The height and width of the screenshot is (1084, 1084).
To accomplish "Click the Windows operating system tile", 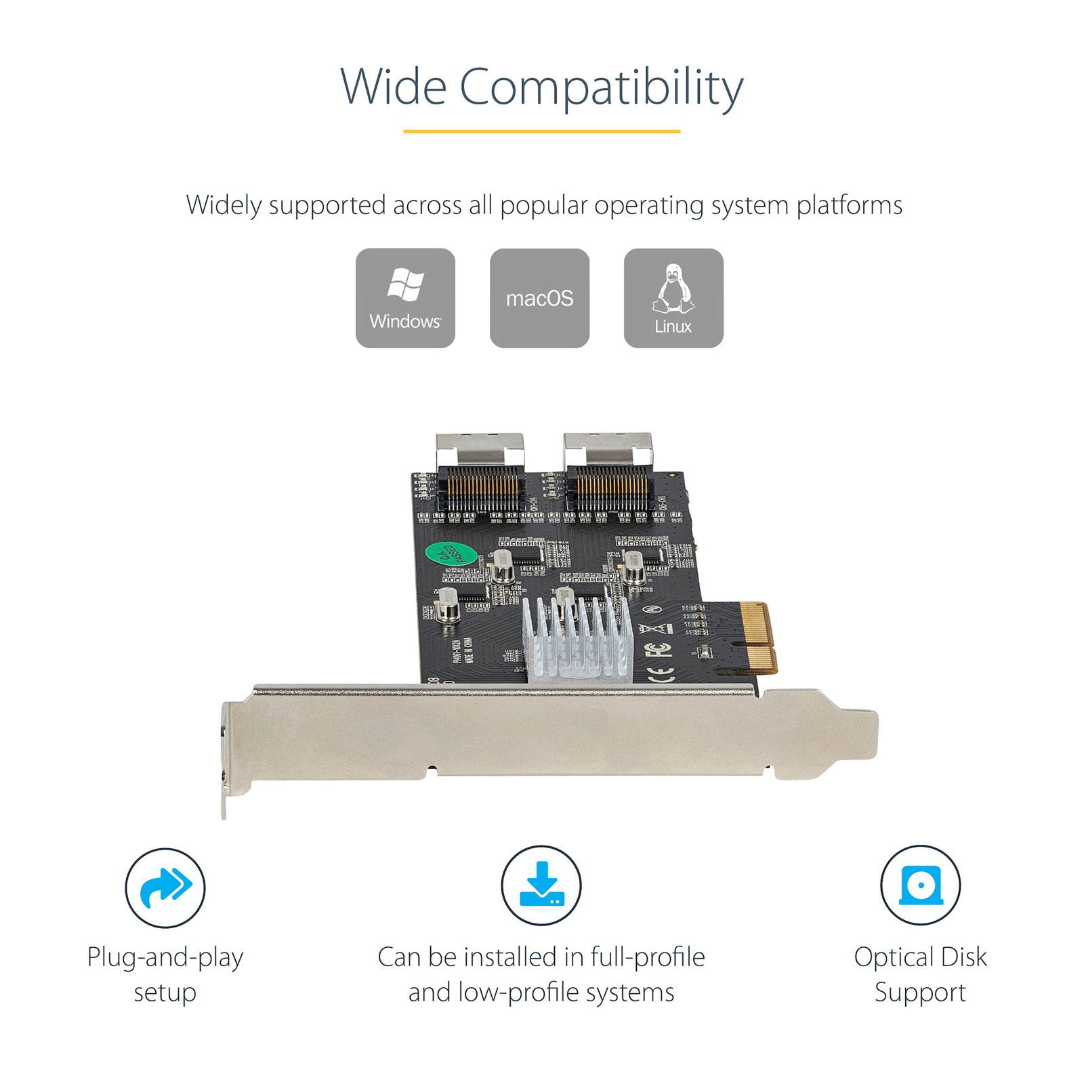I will pyautogui.click(x=405, y=297).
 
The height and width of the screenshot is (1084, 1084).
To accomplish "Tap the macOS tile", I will pyautogui.click(x=539, y=297).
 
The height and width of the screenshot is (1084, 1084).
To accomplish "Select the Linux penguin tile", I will pyautogui.click(x=673, y=297).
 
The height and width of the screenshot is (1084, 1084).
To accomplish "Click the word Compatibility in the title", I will pyautogui.click(x=601, y=87).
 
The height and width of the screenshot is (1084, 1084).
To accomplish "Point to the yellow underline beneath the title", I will pyautogui.click(x=541, y=131).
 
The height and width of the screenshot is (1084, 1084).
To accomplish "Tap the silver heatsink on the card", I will pyautogui.click(x=577, y=640).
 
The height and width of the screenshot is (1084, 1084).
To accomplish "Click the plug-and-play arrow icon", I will pyautogui.click(x=165, y=887).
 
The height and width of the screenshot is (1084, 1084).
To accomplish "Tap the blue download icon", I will pyautogui.click(x=541, y=885).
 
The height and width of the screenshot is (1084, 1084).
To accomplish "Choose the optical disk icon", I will pyautogui.click(x=920, y=885).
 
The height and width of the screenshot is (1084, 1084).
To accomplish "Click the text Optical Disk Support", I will pyautogui.click(x=920, y=974).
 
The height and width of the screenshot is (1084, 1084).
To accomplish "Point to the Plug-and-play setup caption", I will pyautogui.click(x=165, y=974).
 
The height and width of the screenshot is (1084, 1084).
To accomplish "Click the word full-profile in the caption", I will pyautogui.click(x=647, y=957).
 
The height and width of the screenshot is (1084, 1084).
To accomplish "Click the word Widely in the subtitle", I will pyautogui.click(x=224, y=205).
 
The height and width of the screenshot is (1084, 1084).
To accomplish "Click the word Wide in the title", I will pyautogui.click(x=393, y=87).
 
